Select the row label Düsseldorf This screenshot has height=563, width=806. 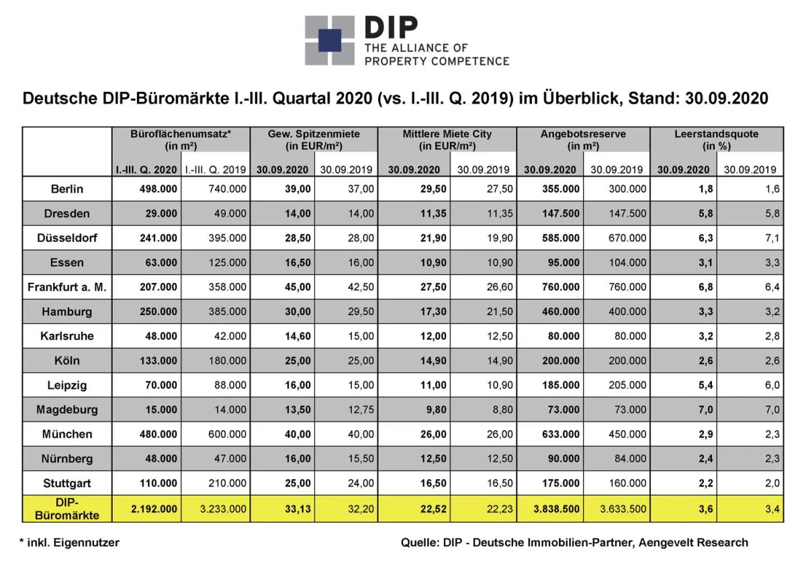[x=67, y=238]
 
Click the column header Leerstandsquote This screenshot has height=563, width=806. [x=716, y=134]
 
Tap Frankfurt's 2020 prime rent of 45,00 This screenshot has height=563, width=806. [x=299, y=287]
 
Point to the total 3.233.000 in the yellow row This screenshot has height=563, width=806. [x=223, y=509]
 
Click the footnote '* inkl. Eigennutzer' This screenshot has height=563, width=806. [x=70, y=542]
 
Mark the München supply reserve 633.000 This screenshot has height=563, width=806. [x=561, y=434]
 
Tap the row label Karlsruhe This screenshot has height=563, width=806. [x=67, y=336]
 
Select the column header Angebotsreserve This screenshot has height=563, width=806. [x=583, y=134]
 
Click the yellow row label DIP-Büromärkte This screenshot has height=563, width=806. [x=67, y=509]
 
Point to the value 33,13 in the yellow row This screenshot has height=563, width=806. [x=299, y=509]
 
